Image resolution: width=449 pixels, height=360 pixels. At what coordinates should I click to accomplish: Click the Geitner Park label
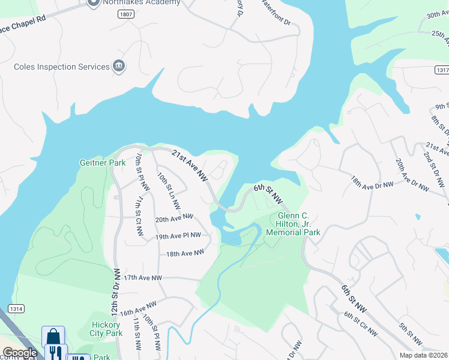tap(99, 163)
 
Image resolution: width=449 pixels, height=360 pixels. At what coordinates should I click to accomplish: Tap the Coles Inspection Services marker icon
tap(119, 67)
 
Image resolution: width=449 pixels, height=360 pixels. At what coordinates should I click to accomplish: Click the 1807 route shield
tap(125, 14)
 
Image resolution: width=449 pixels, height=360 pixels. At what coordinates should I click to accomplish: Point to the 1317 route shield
tap(440, 70)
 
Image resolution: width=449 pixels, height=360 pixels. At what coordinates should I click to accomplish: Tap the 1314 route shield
tap(16, 308)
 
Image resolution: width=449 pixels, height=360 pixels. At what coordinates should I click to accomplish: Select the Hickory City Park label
tap(106, 329)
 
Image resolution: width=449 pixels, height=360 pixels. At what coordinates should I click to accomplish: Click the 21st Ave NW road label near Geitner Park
tap(189, 166)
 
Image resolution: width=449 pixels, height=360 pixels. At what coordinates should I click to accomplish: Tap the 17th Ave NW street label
tap(143, 278)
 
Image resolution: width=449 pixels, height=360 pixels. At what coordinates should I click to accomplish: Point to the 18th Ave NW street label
tap(185, 254)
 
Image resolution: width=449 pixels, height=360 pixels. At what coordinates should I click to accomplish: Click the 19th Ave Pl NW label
tap(178, 236)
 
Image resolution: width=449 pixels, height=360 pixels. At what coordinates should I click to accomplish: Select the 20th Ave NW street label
tap(174, 218)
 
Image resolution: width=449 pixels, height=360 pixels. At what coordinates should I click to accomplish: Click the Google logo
tap(20, 353)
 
